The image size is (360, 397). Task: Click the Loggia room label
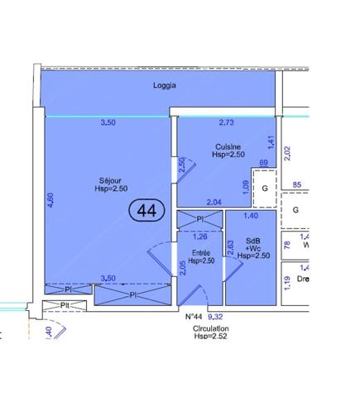[166, 85]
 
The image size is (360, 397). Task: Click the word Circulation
[210, 328]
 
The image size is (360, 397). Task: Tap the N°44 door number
[193, 316]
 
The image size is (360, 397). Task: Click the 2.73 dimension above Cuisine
[227, 123]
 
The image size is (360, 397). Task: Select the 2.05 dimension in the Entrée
[183, 266]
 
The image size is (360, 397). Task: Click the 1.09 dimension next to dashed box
[246, 187]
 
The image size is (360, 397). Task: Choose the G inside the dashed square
[265, 188]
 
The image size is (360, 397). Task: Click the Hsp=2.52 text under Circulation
[210, 337]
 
